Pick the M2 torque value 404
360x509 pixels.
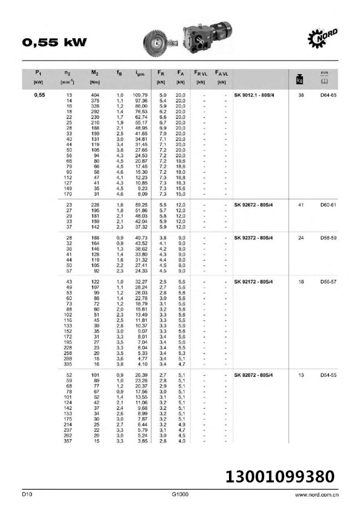[95, 95]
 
